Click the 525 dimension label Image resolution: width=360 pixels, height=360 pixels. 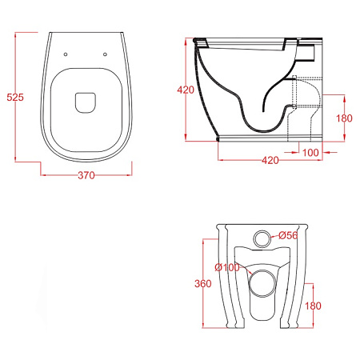15,97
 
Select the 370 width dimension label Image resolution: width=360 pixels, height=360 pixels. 86,175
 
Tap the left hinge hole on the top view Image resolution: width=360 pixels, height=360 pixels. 66,54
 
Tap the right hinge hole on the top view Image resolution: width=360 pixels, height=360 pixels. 105,54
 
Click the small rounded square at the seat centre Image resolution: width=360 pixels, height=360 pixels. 86,102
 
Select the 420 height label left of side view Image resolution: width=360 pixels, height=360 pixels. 186,90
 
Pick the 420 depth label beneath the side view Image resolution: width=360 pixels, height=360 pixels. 270,160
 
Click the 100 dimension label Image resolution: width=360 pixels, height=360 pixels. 310,153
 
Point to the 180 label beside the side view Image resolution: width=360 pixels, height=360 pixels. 344,118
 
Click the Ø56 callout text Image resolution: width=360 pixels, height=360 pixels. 288,235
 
